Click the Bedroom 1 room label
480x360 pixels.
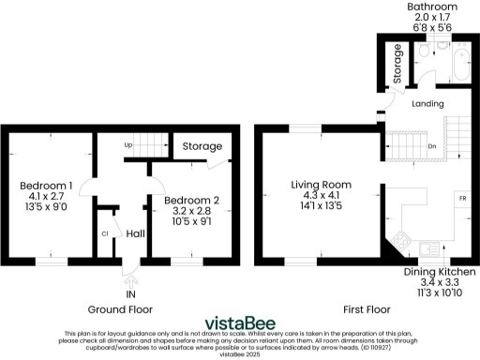coord(47,187)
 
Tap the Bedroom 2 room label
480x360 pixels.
coord(191,201)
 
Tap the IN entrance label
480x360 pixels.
coord(130,292)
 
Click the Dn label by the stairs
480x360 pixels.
coord(430,146)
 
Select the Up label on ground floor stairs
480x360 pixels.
coord(128,146)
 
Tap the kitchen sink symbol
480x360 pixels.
coord(429,249)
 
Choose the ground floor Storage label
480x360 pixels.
coord(202,147)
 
